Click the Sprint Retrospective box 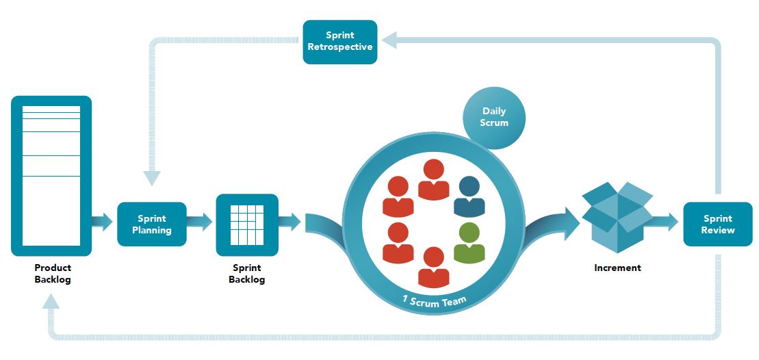point(340,42)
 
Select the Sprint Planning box point(151,224)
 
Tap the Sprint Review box point(718,224)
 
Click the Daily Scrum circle point(494,118)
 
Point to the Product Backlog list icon point(51,176)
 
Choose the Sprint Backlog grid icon point(247,224)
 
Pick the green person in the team point(469,244)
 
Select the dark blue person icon point(469,196)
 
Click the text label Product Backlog point(53,274)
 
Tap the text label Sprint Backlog point(247,274)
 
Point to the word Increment point(617,268)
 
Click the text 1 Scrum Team point(435,301)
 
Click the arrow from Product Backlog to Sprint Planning point(102,222)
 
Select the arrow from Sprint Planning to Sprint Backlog point(199,222)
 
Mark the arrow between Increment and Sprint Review point(664,222)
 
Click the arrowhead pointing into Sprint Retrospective point(389,40)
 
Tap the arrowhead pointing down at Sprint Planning point(152,178)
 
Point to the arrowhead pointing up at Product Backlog point(51,301)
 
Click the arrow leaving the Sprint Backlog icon point(290,222)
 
